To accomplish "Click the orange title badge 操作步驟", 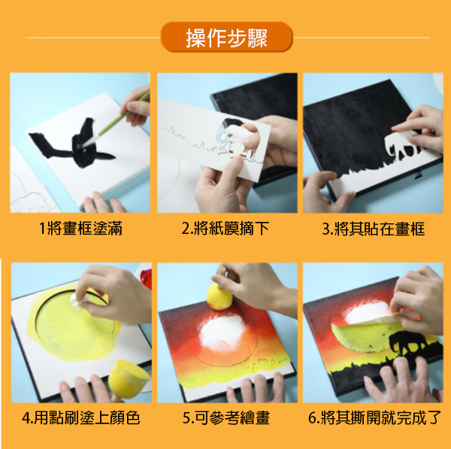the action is [x=227, y=37].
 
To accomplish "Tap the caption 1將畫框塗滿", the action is [x=80, y=228].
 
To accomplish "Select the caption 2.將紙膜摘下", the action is [x=225, y=228].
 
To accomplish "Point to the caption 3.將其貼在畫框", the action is [x=374, y=229].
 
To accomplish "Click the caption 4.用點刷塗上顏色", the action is [x=81, y=417].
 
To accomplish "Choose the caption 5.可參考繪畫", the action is [x=226, y=417].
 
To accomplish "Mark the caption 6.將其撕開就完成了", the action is [x=374, y=417].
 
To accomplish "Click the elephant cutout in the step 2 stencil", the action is [x=235, y=138].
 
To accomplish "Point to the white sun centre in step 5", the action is [x=224, y=332].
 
